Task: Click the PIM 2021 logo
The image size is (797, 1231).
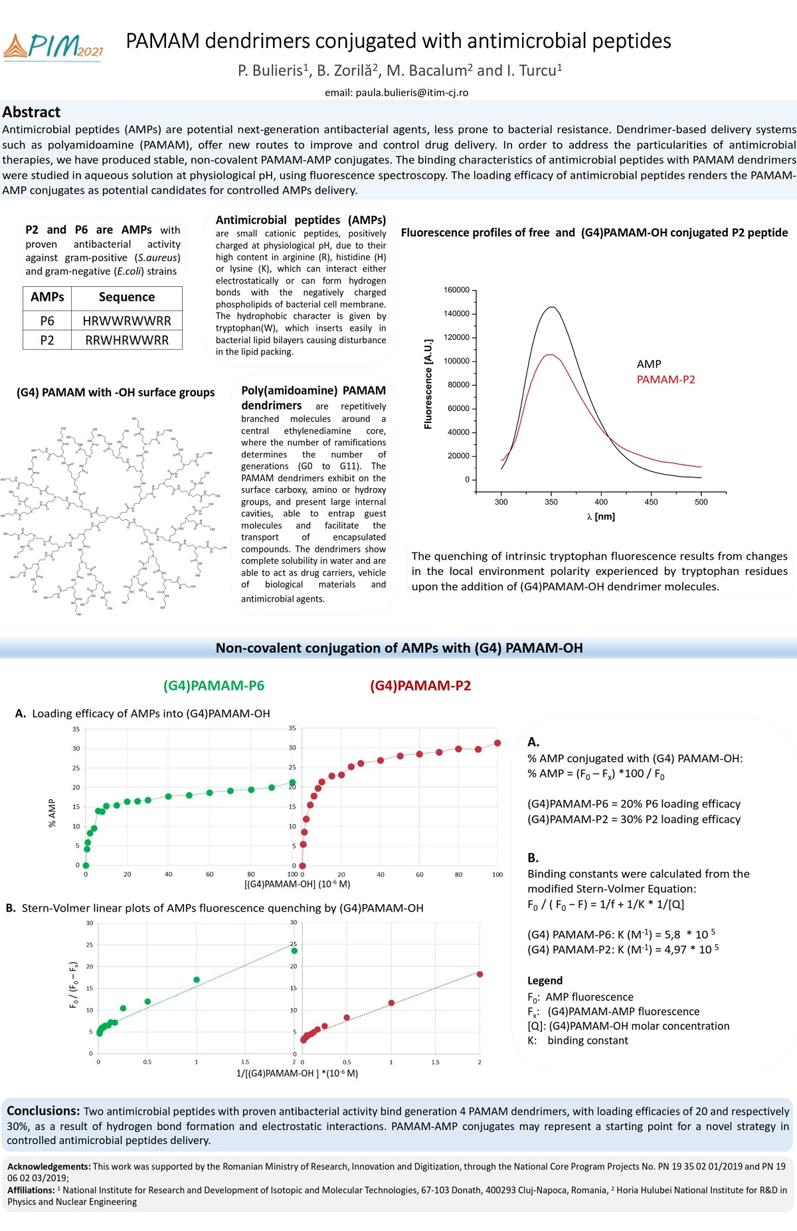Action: point(53,46)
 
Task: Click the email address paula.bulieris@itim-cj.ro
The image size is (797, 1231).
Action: point(397,92)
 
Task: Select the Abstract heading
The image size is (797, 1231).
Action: point(31,112)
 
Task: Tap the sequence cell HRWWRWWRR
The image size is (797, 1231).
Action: point(127,321)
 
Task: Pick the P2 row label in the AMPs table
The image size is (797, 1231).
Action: point(47,340)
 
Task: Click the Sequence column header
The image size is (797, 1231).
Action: point(127,297)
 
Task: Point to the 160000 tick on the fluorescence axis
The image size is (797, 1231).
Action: point(456,290)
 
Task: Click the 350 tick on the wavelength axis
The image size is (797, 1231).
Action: point(551,502)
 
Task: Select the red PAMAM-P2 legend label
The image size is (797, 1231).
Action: point(665,380)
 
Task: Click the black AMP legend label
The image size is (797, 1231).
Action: point(649,364)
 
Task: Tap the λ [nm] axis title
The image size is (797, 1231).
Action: point(601,517)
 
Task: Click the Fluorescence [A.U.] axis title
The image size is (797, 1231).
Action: point(428,384)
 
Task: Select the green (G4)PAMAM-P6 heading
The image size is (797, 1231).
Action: point(214,686)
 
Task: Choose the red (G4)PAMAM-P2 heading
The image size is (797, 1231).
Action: point(420,686)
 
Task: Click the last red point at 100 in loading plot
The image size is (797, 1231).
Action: point(497,743)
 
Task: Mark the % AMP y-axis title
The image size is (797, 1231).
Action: point(52,813)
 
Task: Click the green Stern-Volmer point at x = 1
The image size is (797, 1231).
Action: point(197,980)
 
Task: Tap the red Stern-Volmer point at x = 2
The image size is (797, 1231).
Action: point(480,975)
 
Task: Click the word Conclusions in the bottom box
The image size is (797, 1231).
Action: point(43,1111)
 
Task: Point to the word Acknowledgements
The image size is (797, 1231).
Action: point(48,1167)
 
